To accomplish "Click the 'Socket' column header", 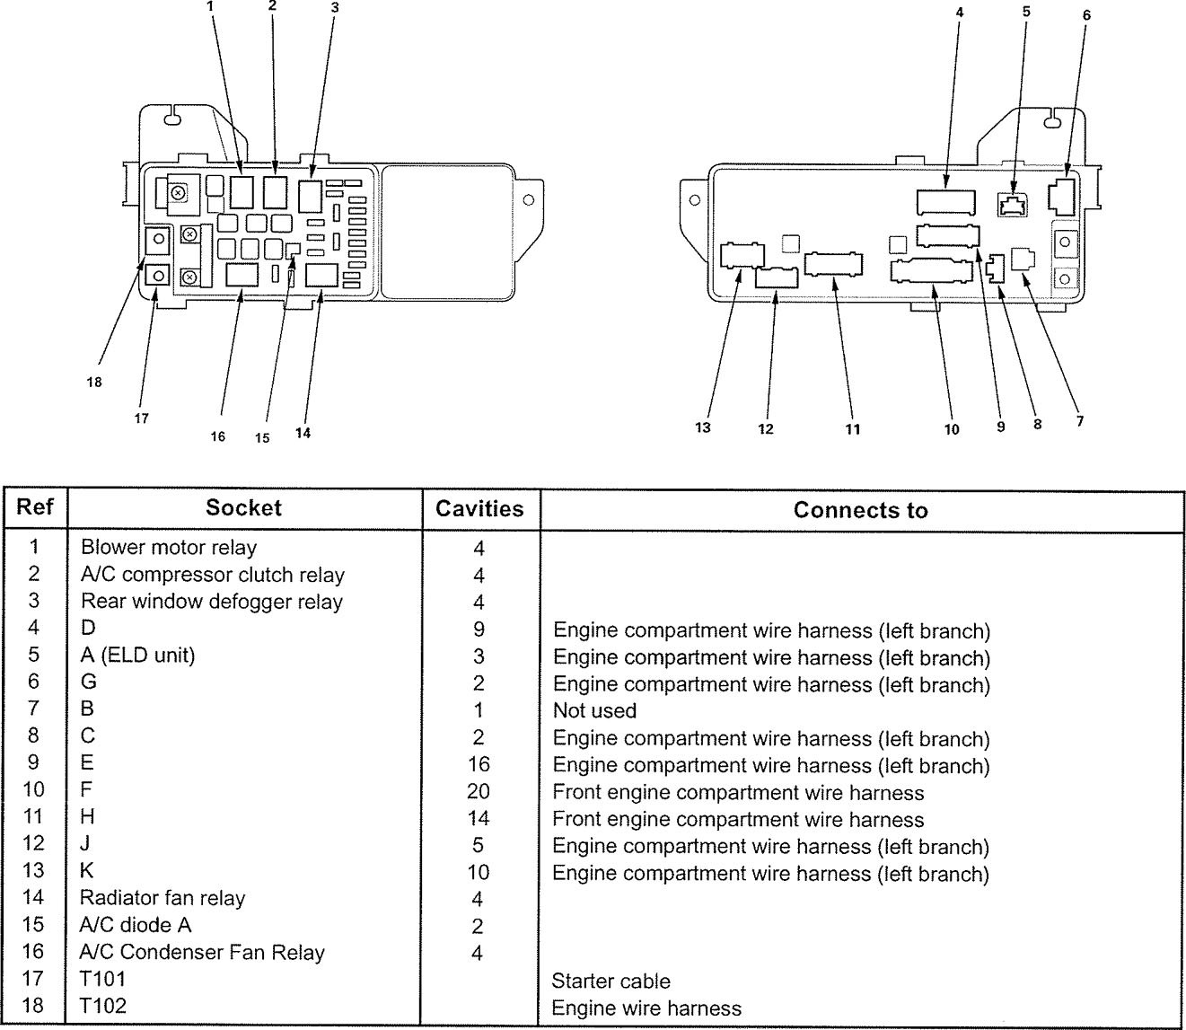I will tap(243, 508).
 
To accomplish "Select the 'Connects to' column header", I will tap(860, 510).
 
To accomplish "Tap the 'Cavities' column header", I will tap(479, 509).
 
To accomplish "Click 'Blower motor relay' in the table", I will tap(169, 547).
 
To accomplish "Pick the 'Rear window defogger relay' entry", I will tap(212, 601).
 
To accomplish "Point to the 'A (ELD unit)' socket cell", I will tap(137, 655).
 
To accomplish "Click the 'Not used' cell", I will tap(594, 711).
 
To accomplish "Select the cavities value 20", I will tap(479, 791).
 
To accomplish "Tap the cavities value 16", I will tap(479, 764).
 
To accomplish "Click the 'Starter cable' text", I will tap(611, 982).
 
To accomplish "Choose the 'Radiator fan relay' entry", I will tap(163, 898).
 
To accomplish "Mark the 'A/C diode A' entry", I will tap(136, 925).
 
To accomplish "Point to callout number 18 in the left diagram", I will tap(94, 383).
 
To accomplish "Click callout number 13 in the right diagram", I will tap(703, 427).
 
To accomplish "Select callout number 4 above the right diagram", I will tap(959, 13).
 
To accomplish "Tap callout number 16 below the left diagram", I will tap(218, 436).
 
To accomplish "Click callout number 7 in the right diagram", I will tap(1080, 421).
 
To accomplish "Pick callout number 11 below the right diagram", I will tap(853, 429).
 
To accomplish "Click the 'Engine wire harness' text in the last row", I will tap(646, 1008).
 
